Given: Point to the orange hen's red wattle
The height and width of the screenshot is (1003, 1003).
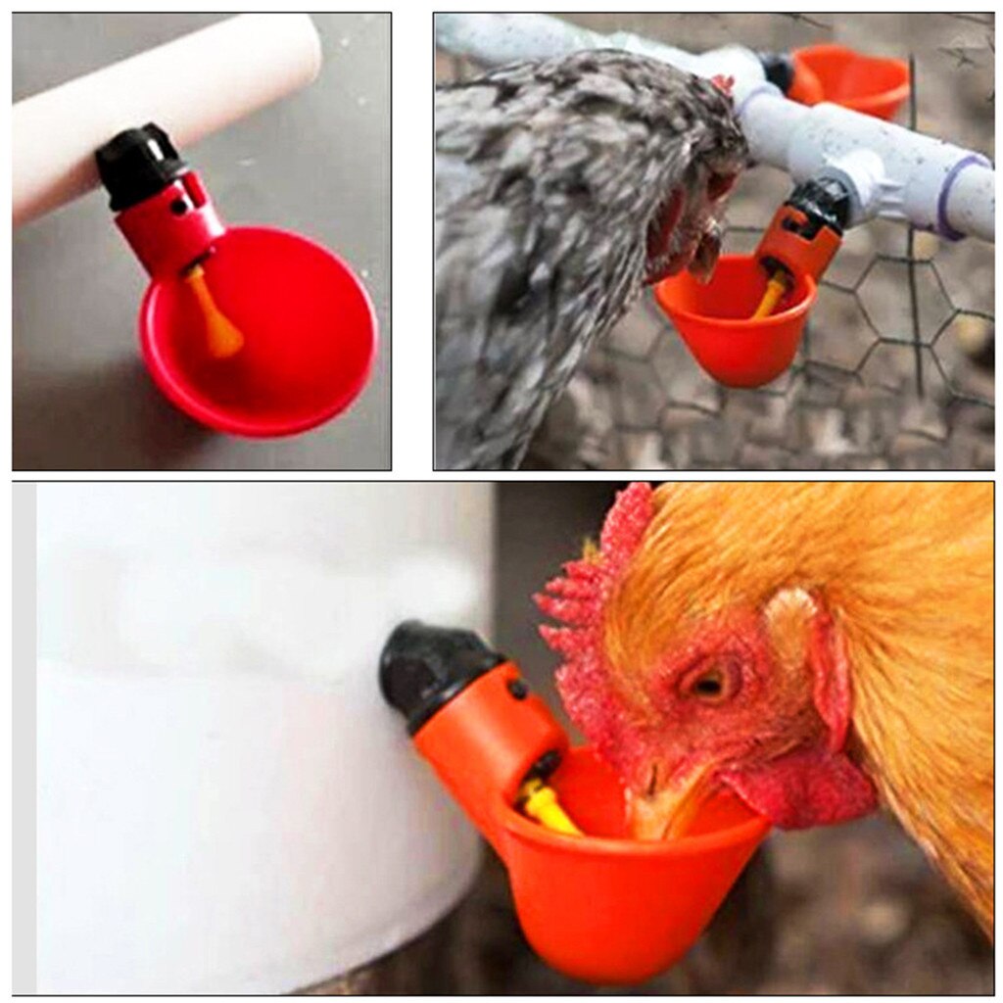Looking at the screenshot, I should click(x=803, y=788).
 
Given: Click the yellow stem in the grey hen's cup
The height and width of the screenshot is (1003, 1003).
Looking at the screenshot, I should click(x=769, y=293).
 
